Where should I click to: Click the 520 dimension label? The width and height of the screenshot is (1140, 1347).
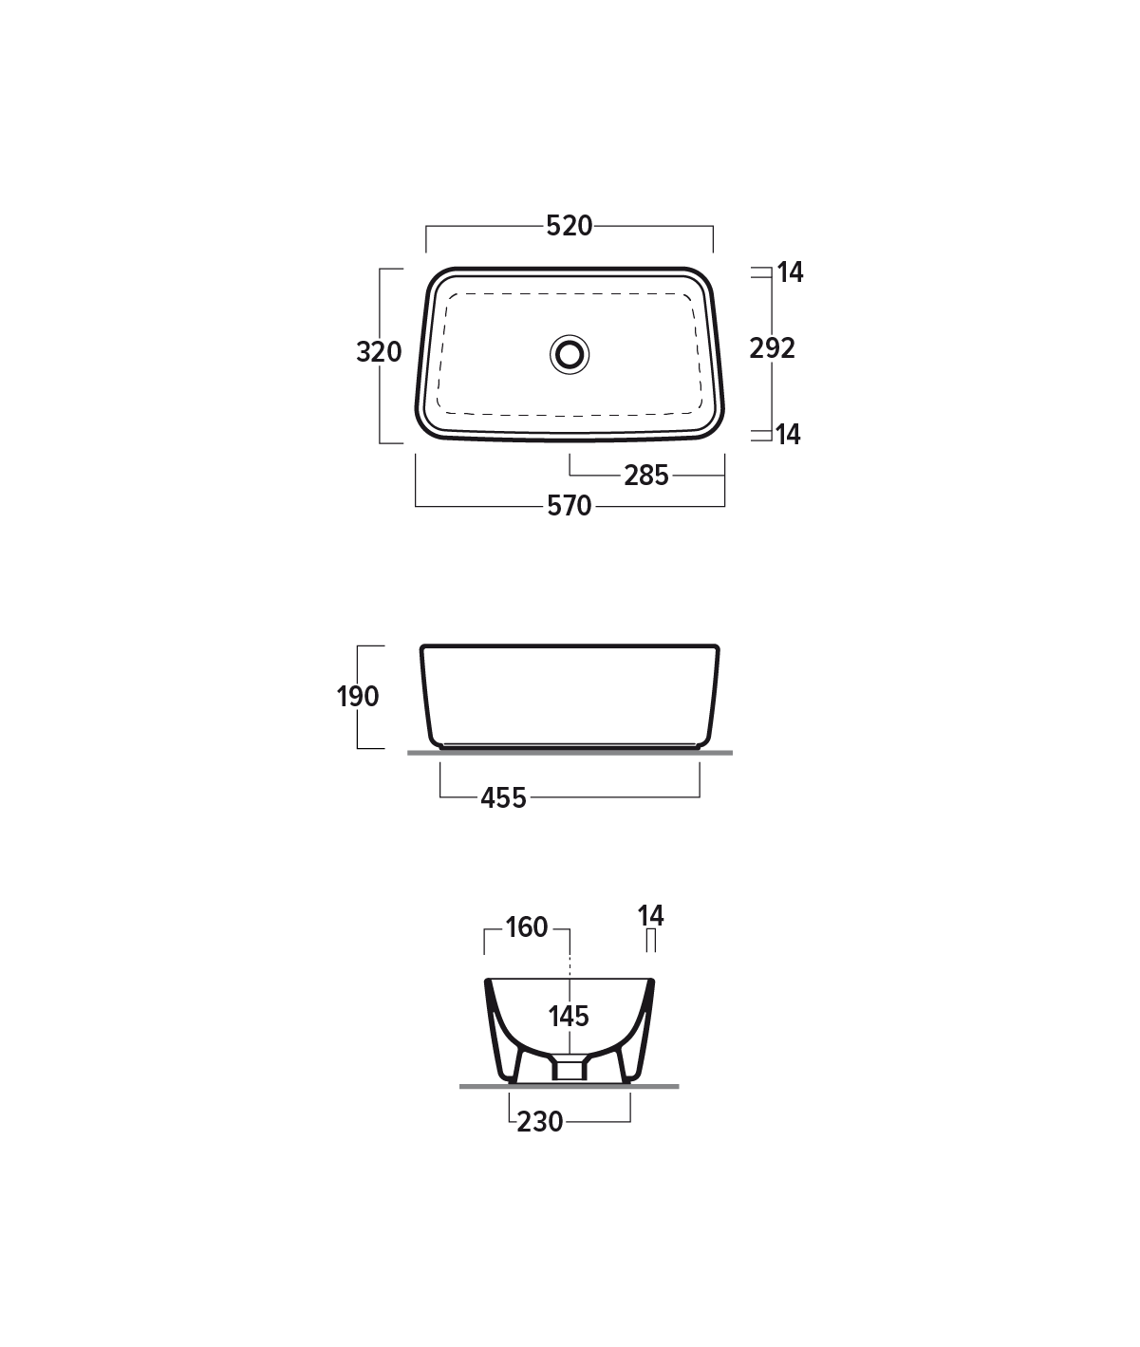coord(569,226)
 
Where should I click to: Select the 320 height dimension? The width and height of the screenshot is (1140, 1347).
coord(379,352)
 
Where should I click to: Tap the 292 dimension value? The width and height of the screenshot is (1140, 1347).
coord(773,348)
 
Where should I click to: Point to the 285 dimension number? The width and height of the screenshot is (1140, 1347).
coord(645,476)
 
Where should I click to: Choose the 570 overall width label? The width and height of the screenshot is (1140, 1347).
coord(569,506)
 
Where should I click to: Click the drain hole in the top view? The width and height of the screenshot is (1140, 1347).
coord(570,354)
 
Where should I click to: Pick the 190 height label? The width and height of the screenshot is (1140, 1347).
coord(357,697)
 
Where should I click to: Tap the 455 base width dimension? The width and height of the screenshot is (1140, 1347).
coord(503,798)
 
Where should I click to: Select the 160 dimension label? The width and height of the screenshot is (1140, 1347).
coord(527,927)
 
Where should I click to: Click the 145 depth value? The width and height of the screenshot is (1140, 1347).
coord(569,1016)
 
